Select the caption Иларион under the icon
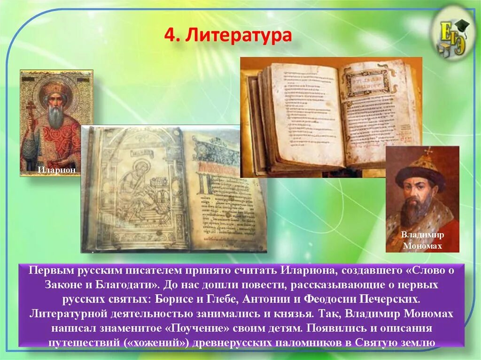(x=56, y=169)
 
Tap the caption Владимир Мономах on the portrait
(x=422, y=240)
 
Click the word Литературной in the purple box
(x=70, y=314)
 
